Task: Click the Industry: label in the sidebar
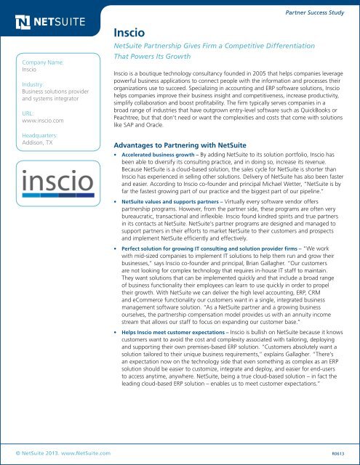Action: (36, 84)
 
